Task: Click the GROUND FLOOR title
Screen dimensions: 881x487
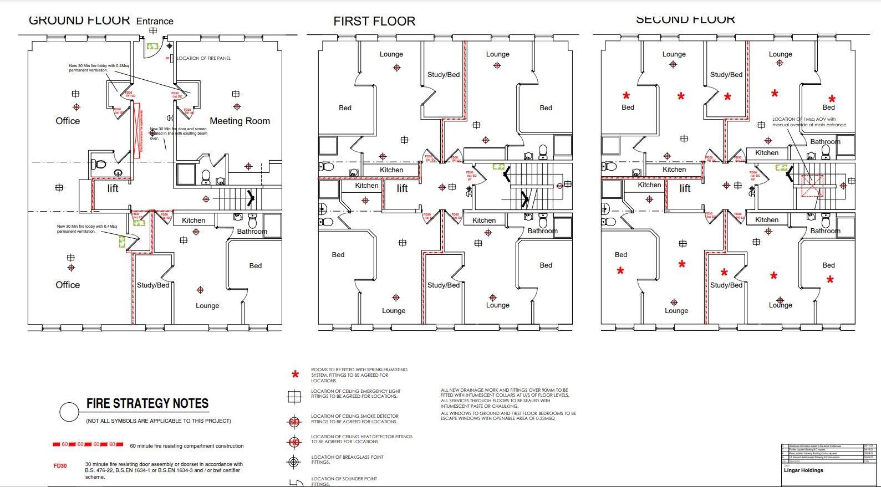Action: point(79,20)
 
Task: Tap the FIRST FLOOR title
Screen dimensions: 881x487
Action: point(374,22)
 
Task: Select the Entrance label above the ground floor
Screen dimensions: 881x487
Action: point(155,21)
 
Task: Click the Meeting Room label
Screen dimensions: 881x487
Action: point(240,121)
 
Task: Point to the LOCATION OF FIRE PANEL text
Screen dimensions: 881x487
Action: point(203,58)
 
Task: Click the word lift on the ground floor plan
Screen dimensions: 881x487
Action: point(113,188)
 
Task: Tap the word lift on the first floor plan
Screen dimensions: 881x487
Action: point(403,188)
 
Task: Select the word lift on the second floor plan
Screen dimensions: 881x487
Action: point(685,188)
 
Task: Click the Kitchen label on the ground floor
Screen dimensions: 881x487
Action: point(193,220)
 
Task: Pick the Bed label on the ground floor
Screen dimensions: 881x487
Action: point(256,265)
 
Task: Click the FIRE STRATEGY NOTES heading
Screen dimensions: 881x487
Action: point(147,403)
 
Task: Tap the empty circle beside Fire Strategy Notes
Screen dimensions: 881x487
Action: point(69,412)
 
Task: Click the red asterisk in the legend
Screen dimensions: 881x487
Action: point(296,375)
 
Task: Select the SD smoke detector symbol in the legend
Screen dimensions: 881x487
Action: point(294,422)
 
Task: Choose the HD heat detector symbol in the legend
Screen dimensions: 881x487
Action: point(294,442)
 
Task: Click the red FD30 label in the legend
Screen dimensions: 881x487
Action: point(60,466)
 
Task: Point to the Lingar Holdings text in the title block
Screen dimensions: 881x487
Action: point(803,470)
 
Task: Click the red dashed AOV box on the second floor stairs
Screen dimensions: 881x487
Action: point(812,186)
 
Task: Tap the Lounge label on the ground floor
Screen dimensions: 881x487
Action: point(207,305)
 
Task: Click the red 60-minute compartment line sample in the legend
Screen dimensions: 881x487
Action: point(88,444)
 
